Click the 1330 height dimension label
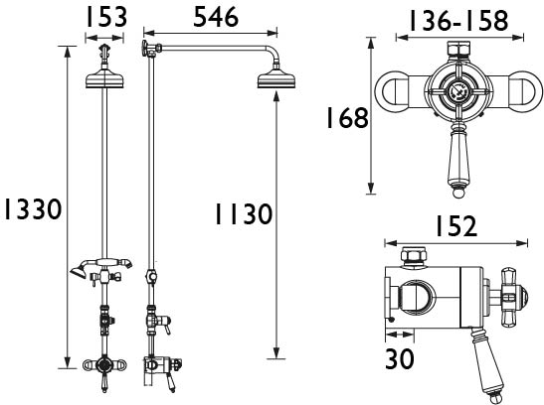coord(33,209)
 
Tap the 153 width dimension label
coord(106,17)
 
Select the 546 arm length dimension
coord(216,17)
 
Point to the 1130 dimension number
coord(244,214)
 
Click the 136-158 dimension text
coord(459,21)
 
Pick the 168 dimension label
coord(347,118)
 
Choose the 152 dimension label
coord(456,226)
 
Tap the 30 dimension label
coord(400,358)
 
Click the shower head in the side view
coord(276,79)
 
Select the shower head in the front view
coord(104,79)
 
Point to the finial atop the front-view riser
coord(104,51)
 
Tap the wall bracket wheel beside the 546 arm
coord(144,48)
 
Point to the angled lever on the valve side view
coord(485,362)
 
